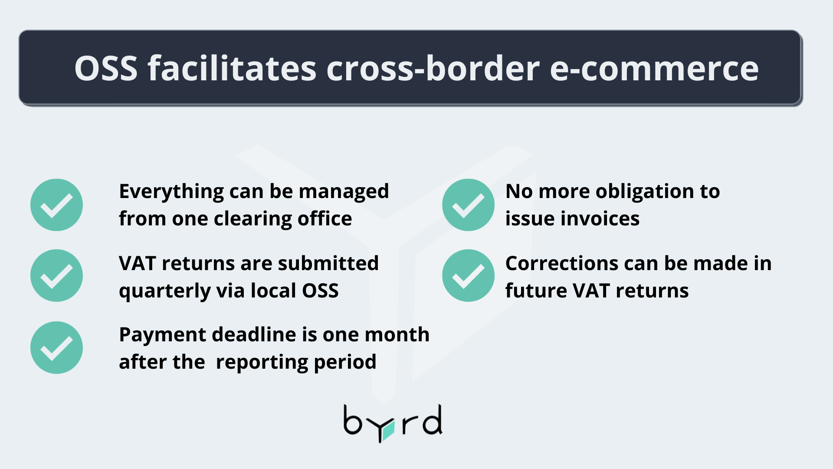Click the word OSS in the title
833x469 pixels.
point(106,68)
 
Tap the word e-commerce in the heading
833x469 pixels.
point(654,68)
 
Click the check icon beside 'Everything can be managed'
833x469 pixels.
point(56,205)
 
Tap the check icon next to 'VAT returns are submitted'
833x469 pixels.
point(56,276)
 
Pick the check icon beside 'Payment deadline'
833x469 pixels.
point(56,347)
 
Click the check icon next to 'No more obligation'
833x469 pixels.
point(468,205)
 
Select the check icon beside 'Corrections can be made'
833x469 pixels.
point(468,276)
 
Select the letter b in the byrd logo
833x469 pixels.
point(352,420)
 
